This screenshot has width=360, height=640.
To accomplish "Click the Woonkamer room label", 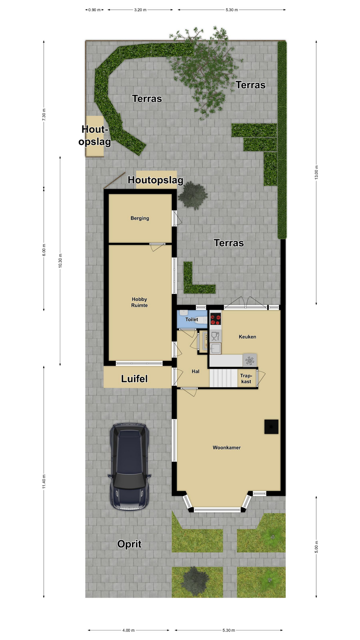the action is tap(227, 448).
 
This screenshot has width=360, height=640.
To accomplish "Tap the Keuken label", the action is tap(247, 337).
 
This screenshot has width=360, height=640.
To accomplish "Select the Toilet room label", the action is tap(192, 319).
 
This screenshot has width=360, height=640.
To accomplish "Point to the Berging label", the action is tap(140, 218).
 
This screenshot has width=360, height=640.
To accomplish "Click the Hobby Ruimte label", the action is tap(139, 302).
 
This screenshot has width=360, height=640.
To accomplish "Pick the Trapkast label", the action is tap(246, 379).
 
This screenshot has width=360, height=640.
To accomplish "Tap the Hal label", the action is tap(195, 371).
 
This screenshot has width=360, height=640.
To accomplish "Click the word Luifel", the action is tap(134, 379).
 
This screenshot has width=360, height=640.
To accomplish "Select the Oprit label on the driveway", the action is tap(129, 544).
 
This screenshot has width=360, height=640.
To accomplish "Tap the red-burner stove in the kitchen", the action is tap(215, 319).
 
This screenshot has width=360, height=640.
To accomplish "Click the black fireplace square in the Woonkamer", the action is tap(271, 427).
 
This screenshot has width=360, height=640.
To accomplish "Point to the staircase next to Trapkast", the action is tap(223, 378).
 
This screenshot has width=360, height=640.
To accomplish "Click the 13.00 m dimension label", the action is tap(316, 172).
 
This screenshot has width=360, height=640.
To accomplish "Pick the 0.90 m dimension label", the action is tap(94, 10).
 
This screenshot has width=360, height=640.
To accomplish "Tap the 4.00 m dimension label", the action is tap(128, 630).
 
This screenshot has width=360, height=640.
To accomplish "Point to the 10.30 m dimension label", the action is tap(60, 261).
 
